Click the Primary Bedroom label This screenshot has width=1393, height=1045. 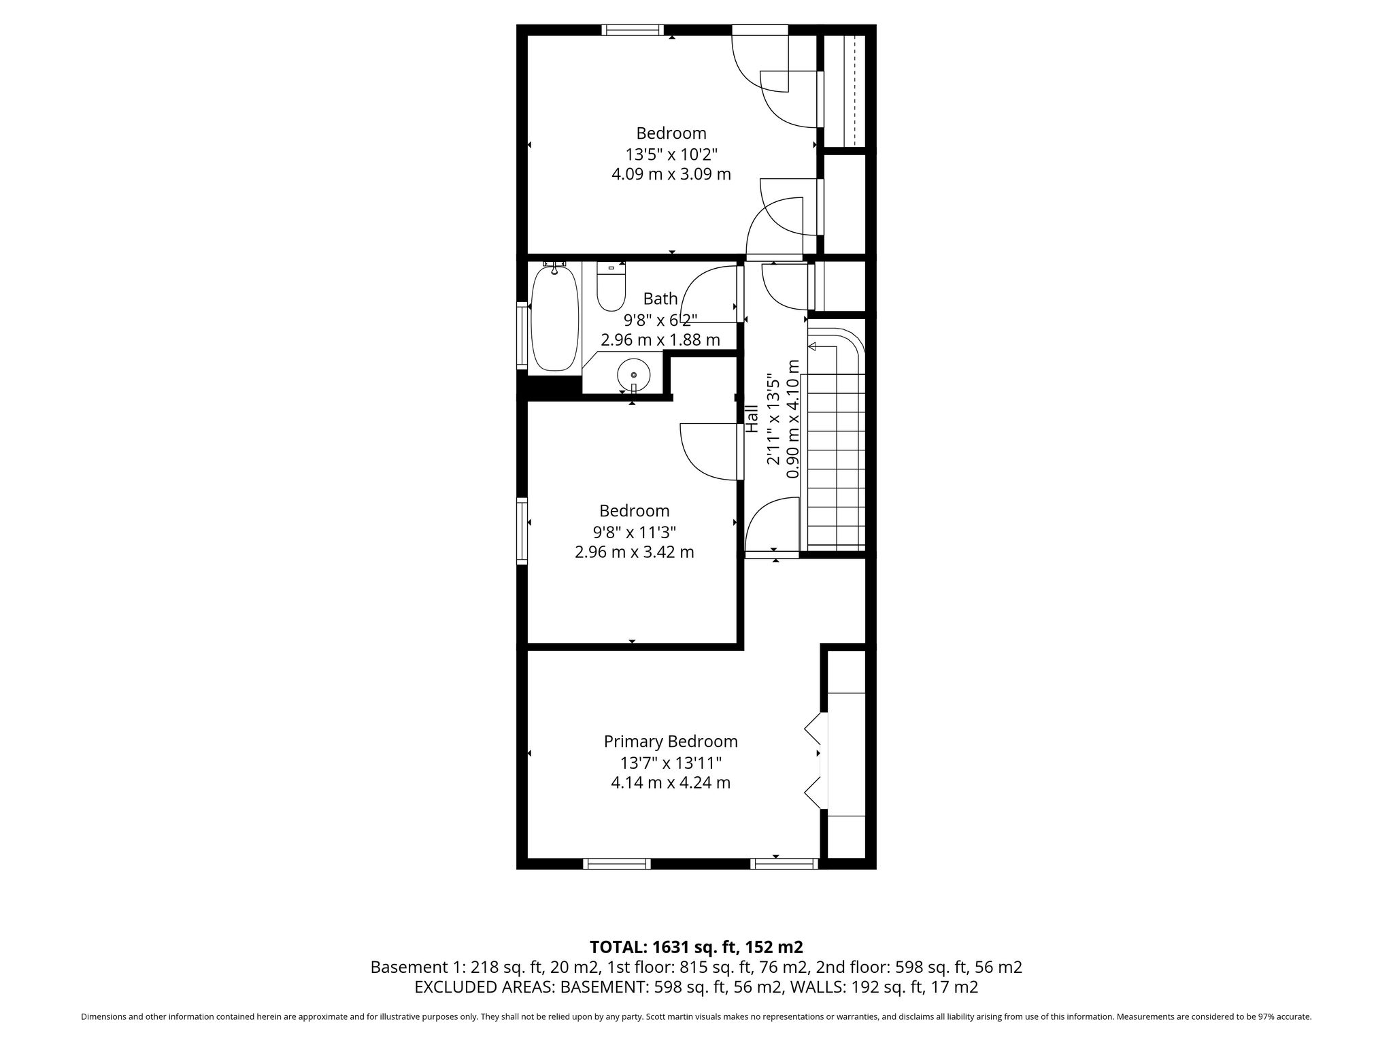[x=671, y=741]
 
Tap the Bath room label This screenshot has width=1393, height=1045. [x=660, y=298]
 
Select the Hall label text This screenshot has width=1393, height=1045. [x=752, y=419]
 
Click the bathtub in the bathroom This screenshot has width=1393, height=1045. [x=555, y=318]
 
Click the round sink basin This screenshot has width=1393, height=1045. [x=633, y=374]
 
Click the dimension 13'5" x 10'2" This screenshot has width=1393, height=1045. [x=671, y=154]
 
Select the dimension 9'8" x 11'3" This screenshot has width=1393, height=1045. [x=635, y=531]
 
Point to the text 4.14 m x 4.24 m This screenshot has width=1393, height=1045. [x=671, y=782]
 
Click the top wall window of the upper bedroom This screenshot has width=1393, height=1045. [x=633, y=30]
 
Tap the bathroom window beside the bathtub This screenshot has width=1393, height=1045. [x=522, y=336]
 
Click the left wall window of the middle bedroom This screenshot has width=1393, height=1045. [x=522, y=531]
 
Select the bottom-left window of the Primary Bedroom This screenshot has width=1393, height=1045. [x=616, y=863]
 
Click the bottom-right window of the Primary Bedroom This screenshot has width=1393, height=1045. [x=784, y=863]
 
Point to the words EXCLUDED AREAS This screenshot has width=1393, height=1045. [x=484, y=987]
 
